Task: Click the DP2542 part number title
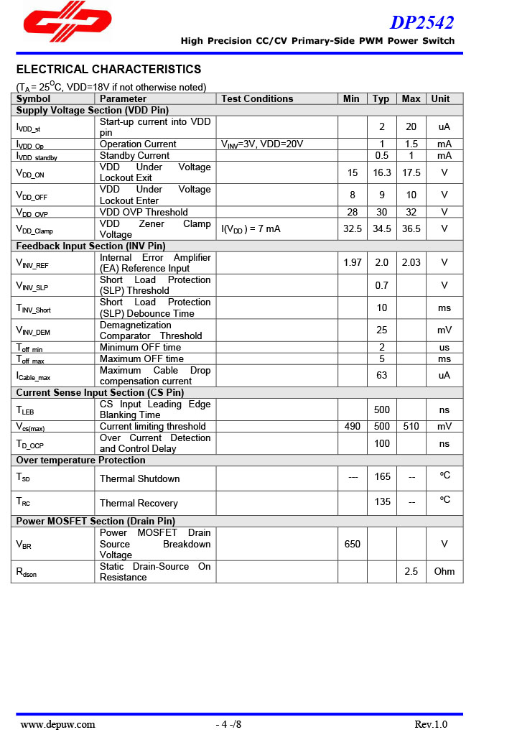421,23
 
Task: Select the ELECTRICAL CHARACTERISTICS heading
108,70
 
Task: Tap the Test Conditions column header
257,98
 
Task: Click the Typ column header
381,98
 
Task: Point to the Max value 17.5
411,172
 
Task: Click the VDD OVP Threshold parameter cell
144,212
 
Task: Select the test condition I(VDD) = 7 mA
250,228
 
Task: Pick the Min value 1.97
353,262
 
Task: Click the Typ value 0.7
381,285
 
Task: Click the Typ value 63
381,375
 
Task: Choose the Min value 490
353,426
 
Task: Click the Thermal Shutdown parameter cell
140,478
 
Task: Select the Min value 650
353,544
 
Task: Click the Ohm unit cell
444,571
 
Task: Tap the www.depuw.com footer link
57,724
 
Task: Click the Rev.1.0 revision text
431,724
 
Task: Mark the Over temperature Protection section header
80,460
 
